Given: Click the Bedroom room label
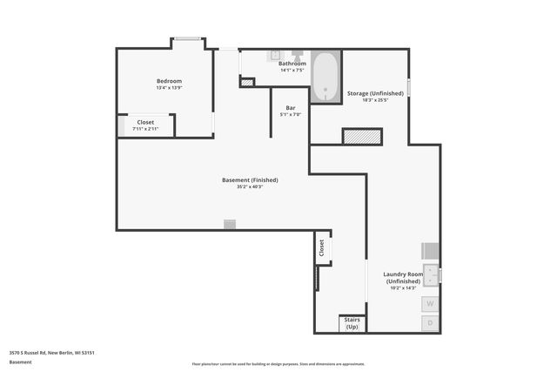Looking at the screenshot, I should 169,81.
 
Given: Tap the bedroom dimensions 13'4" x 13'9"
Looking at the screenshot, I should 169,88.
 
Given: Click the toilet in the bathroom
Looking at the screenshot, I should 297,55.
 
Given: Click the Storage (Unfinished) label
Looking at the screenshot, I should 374,93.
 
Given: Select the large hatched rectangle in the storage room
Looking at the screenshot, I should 362,136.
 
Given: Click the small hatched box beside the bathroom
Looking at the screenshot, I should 247,83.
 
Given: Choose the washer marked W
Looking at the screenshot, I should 430,304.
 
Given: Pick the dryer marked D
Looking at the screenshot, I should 430,323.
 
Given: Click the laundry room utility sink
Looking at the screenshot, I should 431,275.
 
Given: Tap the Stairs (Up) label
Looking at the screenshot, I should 352,324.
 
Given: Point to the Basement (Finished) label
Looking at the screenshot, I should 250,180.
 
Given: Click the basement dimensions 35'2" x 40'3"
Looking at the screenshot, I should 250,187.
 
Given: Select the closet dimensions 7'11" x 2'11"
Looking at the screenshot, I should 146,129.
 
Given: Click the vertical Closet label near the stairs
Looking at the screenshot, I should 321,247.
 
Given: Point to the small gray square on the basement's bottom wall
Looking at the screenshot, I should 230,225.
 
